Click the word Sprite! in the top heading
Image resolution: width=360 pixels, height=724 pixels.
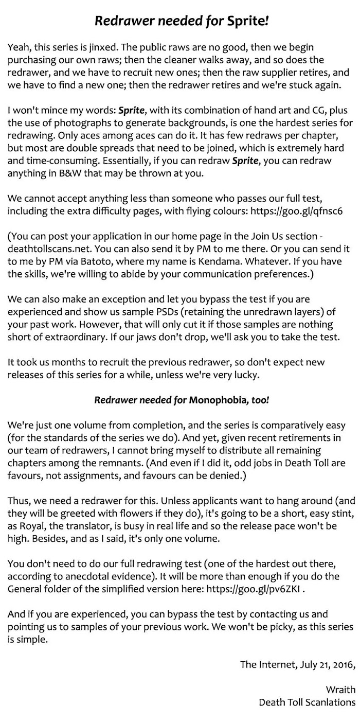247,22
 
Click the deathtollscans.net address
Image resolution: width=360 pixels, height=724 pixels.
45,249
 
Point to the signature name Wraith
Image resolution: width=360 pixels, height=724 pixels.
340,690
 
